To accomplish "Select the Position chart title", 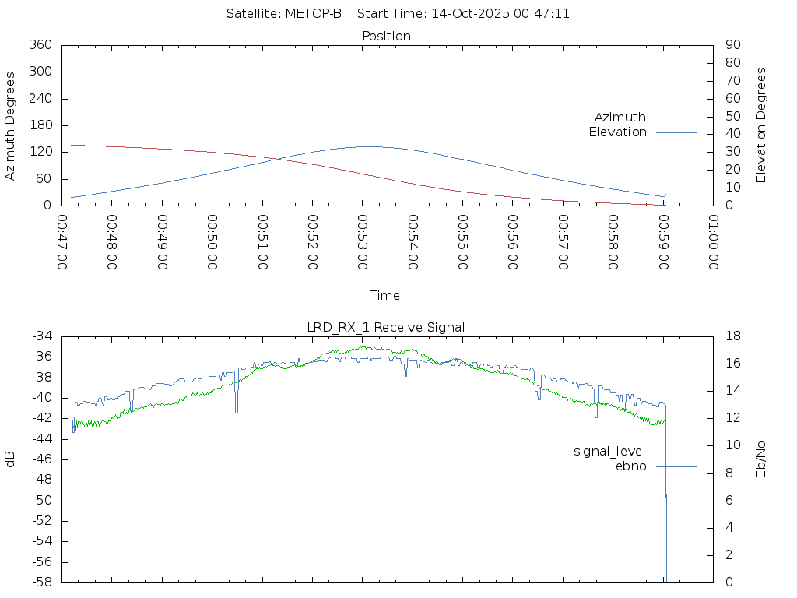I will pyautogui.click(x=386, y=36).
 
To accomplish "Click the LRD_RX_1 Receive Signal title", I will pyautogui.click(x=386, y=327).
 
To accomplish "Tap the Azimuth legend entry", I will pyautogui.click(x=620, y=117).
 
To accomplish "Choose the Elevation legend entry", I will pyautogui.click(x=617, y=132).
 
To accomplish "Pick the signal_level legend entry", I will pyautogui.click(x=609, y=451).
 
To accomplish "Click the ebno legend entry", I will pyautogui.click(x=630, y=466).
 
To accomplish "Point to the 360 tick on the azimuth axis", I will pyautogui.click(x=40, y=45).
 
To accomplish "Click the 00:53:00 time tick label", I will pyautogui.click(x=363, y=242).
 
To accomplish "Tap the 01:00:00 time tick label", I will pyautogui.click(x=713, y=242).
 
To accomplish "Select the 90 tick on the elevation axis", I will pyautogui.click(x=732, y=45).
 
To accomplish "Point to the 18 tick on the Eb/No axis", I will pyautogui.click(x=732, y=336).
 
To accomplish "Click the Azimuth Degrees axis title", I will pyautogui.click(x=11, y=125).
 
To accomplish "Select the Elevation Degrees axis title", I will pyautogui.click(x=761, y=125).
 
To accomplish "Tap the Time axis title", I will pyautogui.click(x=385, y=295).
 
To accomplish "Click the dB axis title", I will pyautogui.click(x=11, y=459).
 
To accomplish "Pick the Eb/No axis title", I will pyautogui.click(x=761, y=459).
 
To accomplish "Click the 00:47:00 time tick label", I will pyautogui.click(x=63, y=242).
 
